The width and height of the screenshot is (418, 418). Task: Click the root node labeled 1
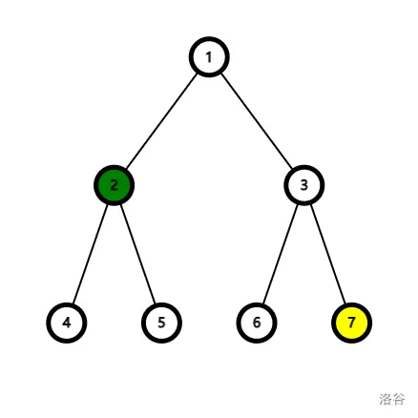tap(209, 57)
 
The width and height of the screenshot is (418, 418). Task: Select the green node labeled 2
tap(114, 185)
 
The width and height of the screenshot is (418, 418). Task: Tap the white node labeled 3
tap(303, 185)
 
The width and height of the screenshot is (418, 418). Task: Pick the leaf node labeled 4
tap(67, 323)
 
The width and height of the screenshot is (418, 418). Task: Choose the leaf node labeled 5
tap(161, 323)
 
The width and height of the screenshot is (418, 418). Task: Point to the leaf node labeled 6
tap(257, 323)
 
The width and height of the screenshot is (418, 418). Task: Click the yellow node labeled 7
tap(351, 323)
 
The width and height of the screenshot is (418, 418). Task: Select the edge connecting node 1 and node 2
tap(161, 121)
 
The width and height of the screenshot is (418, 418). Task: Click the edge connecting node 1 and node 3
tap(257, 121)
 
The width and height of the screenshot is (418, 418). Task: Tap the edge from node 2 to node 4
tap(90, 254)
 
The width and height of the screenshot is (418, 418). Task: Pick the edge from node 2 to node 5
tap(137, 254)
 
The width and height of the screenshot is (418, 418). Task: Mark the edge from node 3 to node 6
tap(281, 254)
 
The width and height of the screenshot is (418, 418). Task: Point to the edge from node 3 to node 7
tap(327, 254)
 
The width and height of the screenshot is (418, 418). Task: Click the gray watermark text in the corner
tap(392, 399)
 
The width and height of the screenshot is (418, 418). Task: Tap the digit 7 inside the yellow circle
tap(351, 323)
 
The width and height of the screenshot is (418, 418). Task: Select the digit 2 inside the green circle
tap(114, 185)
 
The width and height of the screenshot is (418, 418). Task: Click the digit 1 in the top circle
tap(209, 57)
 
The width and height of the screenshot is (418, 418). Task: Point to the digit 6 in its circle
tap(257, 323)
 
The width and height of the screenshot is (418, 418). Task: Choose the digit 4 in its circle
tap(67, 323)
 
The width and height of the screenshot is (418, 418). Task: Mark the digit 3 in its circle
tap(303, 185)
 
